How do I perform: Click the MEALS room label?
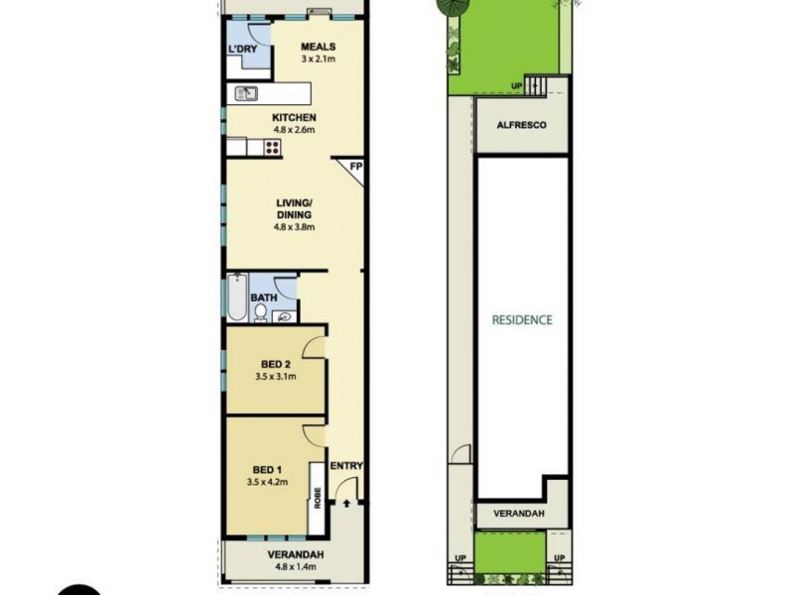coord(319,47)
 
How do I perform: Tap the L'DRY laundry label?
coord(242,50)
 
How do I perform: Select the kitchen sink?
coord(245,95)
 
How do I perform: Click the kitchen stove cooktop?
coord(272,149)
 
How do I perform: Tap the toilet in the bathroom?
coord(260,313)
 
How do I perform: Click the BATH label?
coord(263,297)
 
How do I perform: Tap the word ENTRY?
coord(345,467)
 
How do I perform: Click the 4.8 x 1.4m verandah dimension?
coord(296,568)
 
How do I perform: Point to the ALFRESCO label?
coord(521,127)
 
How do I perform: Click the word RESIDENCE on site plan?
coord(522,320)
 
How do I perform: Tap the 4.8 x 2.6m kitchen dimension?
coord(294,129)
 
